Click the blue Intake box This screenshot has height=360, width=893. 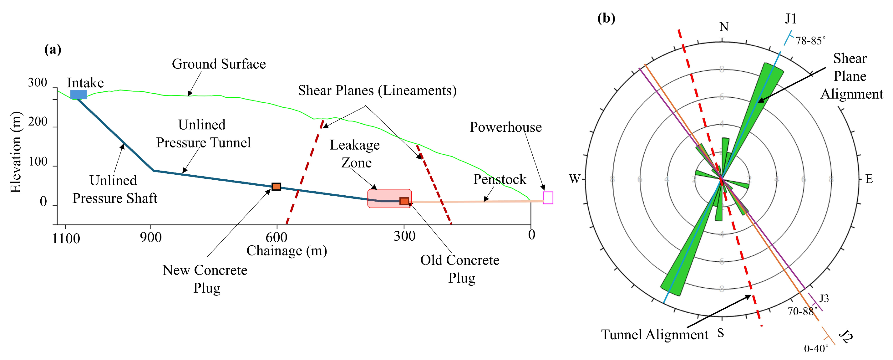point(78,95)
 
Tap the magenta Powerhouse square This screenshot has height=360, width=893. point(548,198)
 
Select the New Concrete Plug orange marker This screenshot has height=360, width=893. point(276,187)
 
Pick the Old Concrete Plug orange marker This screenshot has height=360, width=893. point(404,201)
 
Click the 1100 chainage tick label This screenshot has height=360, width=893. point(66,239)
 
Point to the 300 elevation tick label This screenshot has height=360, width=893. point(38,83)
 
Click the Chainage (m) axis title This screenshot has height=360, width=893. point(287,251)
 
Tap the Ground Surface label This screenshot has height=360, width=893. point(219,64)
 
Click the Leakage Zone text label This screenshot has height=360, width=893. point(355,154)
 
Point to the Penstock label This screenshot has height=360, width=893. point(500,179)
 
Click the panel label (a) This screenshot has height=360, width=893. point(53,49)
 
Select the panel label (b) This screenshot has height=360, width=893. point(606,18)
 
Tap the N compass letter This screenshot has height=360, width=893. point(724,27)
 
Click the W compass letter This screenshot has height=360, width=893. point(574,179)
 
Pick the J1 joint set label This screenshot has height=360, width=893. point(791,19)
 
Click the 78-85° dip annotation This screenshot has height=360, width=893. point(810,41)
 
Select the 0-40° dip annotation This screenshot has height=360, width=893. point(816,348)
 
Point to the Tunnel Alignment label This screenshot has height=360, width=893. point(654,335)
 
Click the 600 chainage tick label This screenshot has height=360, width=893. point(276,238)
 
